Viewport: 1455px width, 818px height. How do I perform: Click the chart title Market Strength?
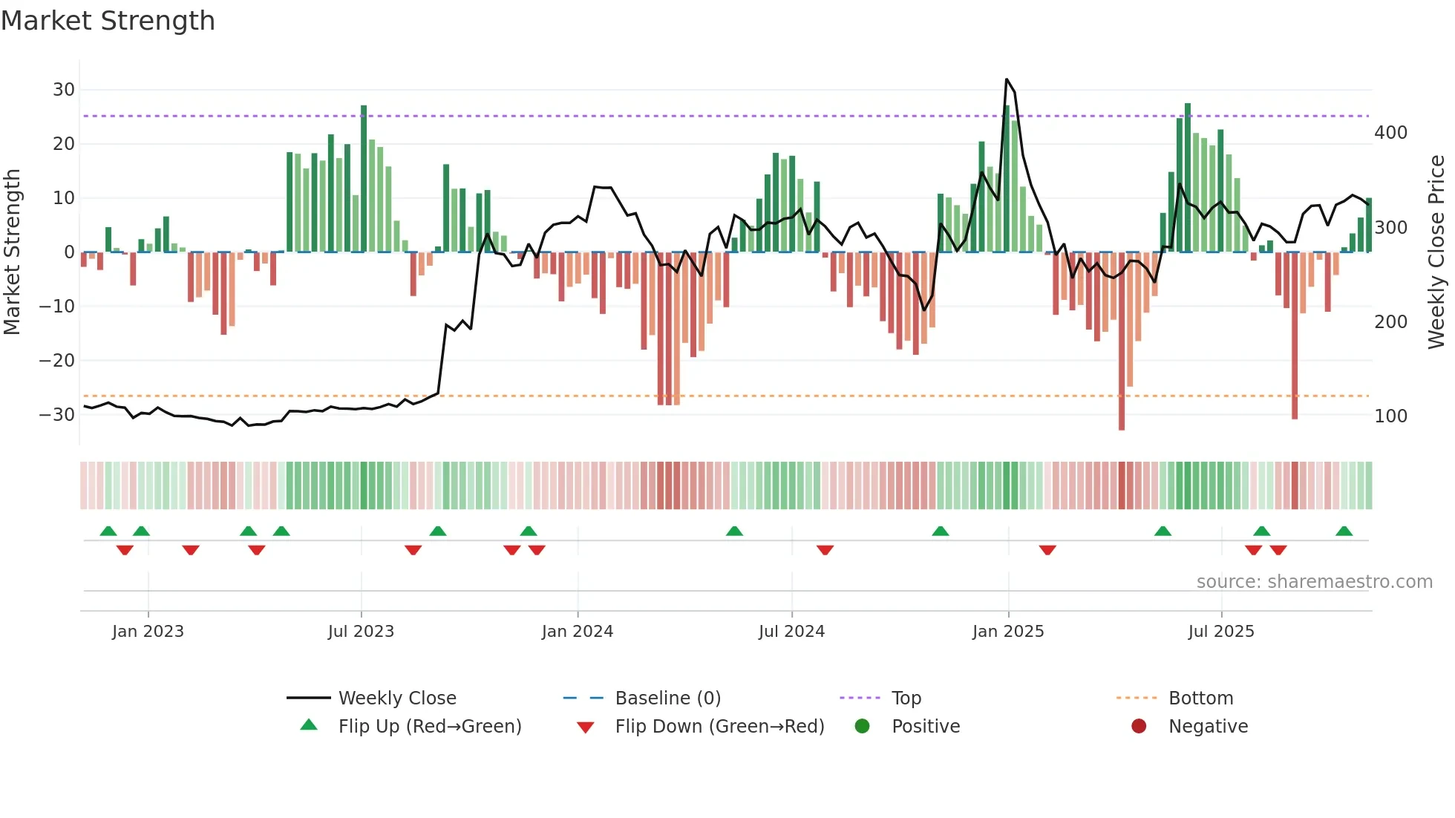pyautogui.click(x=108, y=21)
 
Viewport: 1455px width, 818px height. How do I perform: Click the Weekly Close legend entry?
pyautogui.click(x=396, y=698)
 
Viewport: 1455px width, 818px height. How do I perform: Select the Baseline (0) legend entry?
pyautogui.click(x=667, y=698)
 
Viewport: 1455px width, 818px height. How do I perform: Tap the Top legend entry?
pyautogui.click(x=906, y=698)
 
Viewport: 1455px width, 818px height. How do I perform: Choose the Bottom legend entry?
pyautogui.click(x=1200, y=698)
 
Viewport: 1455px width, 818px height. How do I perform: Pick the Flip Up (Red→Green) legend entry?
pyautogui.click(x=429, y=726)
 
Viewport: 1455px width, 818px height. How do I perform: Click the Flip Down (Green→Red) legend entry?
pyautogui.click(x=719, y=726)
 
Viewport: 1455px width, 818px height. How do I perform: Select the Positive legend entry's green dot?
pyautogui.click(x=862, y=726)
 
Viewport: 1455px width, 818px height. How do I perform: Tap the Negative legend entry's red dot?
pyautogui.click(x=1139, y=726)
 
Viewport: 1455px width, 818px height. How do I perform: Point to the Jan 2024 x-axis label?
pyautogui.click(x=577, y=632)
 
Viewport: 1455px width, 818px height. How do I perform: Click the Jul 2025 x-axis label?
pyautogui.click(x=1220, y=632)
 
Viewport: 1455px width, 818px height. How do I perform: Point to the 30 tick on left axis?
pyautogui.click(x=64, y=90)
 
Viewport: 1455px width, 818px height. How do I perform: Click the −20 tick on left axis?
pyautogui.click(x=57, y=361)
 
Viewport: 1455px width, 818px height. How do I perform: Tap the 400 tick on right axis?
pyautogui.click(x=1390, y=133)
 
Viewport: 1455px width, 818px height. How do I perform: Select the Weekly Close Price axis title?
pyautogui.click(x=1436, y=252)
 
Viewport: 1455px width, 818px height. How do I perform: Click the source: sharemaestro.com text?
pyautogui.click(x=1314, y=582)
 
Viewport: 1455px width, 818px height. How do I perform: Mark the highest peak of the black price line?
pyautogui.click(x=1007, y=79)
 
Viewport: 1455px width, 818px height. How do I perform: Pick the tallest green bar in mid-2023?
pyautogui.click(x=364, y=178)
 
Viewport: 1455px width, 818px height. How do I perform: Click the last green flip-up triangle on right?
pyautogui.click(x=1344, y=531)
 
